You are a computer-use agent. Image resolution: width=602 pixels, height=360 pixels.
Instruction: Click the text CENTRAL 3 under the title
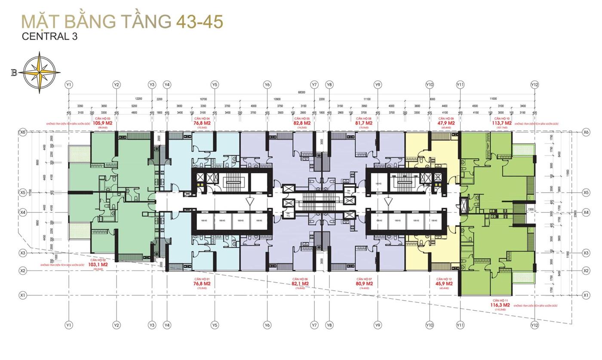point(49,37)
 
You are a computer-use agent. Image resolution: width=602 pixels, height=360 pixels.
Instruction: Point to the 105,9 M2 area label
point(102,123)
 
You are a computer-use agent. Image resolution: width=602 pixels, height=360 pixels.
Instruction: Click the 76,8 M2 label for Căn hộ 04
point(202,123)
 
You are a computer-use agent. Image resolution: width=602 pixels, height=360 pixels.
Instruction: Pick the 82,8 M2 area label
point(302,123)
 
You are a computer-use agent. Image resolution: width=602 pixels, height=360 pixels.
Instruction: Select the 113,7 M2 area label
point(502,123)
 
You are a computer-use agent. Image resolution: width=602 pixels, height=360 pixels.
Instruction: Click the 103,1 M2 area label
point(98,265)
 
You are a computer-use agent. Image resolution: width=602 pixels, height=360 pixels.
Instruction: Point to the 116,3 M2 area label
point(501,305)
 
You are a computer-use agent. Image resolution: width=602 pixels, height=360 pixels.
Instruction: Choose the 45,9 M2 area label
point(444,284)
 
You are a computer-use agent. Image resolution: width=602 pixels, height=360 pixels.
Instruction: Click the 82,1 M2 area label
point(300,284)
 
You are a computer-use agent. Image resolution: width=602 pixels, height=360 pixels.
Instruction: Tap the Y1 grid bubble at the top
point(68,85)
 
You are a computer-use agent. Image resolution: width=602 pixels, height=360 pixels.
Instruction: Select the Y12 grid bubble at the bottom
point(534,326)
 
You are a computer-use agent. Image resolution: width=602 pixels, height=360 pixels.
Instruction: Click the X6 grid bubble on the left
point(23,132)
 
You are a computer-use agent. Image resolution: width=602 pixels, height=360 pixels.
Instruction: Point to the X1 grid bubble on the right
point(586,295)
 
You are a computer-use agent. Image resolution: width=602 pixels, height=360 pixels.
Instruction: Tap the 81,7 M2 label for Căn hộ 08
point(364,123)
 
